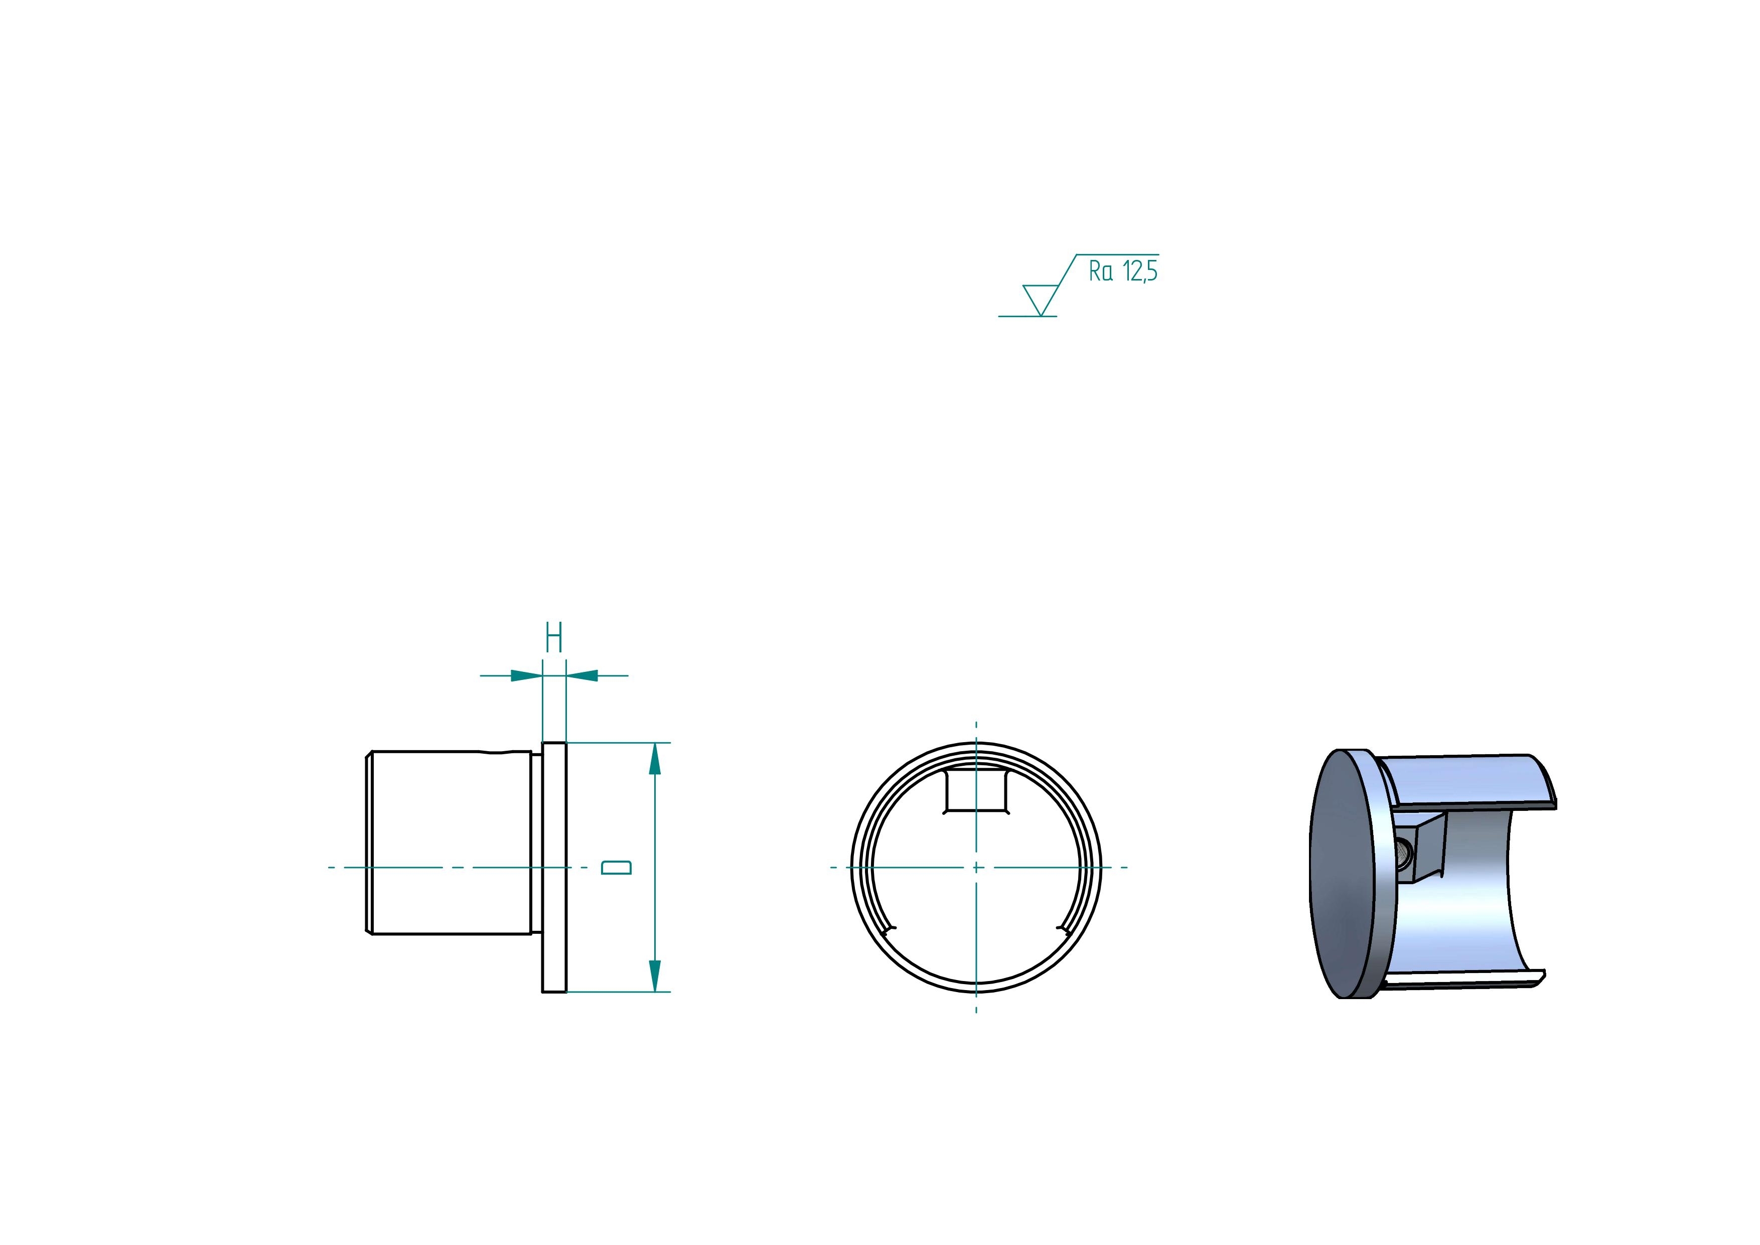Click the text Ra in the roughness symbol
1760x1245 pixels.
pos(1101,271)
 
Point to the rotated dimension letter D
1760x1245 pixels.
pos(616,867)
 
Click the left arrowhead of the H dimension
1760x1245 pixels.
pos(527,675)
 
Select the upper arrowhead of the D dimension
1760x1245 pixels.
pos(654,759)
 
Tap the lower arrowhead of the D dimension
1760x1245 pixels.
pos(654,976)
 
